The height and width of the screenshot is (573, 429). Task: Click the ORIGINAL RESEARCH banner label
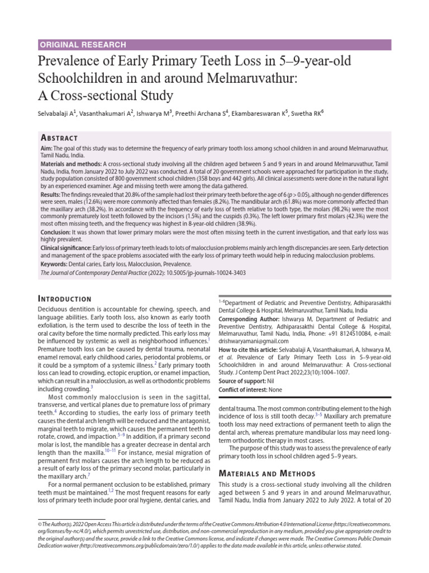(83, 45)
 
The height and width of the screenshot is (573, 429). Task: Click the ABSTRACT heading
(59, 138)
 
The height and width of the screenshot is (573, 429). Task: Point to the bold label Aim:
(46, 147)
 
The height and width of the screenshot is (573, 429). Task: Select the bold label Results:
(51, 193)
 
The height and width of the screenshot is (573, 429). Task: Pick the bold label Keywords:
(56, 263)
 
